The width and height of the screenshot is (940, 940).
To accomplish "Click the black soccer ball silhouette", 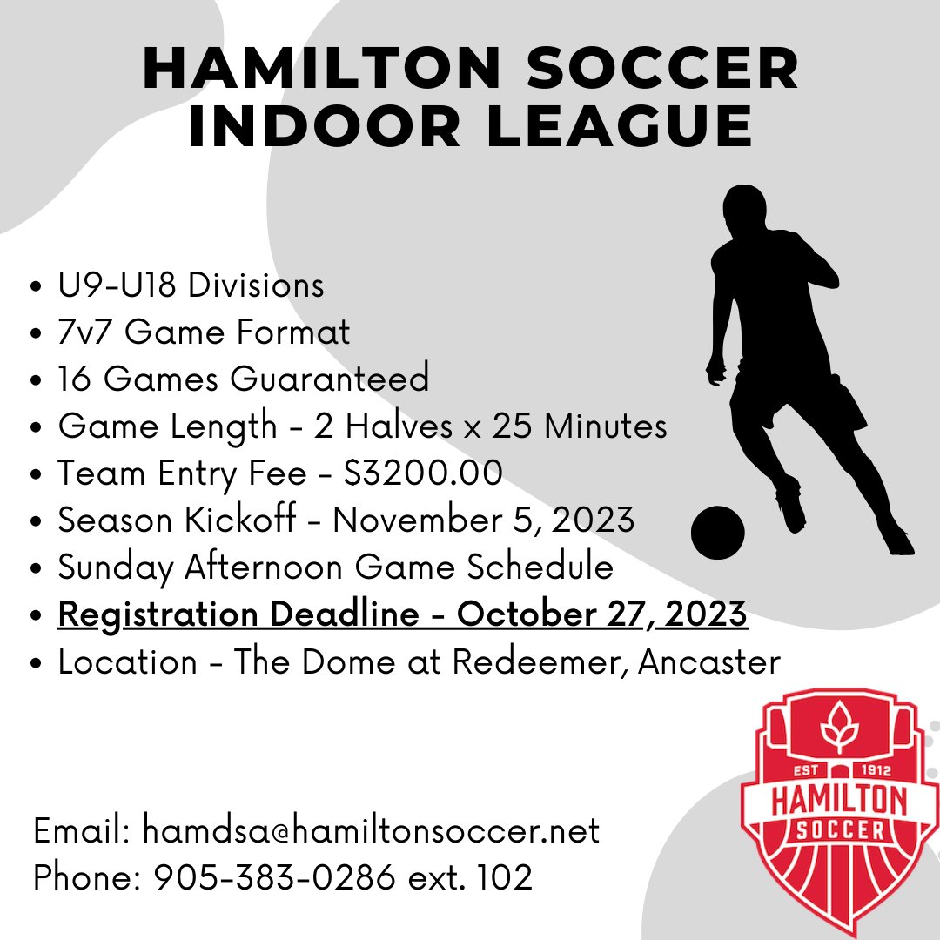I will [x=718, y=533].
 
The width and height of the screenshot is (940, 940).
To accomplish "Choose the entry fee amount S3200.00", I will [x=424, y=473].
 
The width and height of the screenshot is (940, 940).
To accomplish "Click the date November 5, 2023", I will [x=483, y=520].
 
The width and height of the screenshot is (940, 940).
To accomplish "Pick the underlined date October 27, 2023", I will [x=602, y=614].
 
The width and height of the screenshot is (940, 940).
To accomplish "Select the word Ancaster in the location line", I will [x=709, y=661].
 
